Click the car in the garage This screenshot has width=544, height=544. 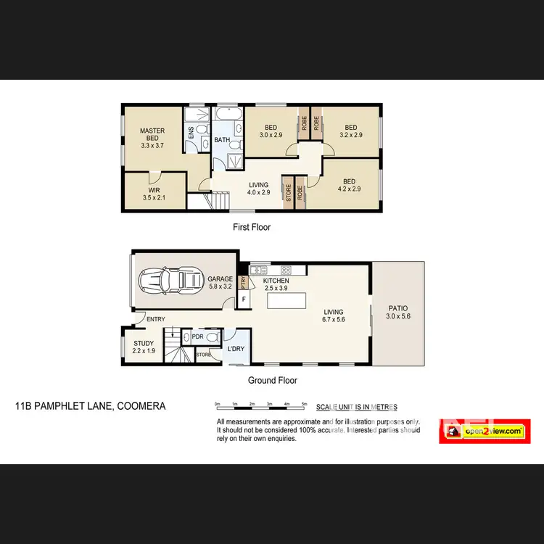[170, 279]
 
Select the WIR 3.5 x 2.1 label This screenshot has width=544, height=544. [154, 193]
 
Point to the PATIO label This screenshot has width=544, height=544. [397, 312]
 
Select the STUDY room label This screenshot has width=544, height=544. [144, 347]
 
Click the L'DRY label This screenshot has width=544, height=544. [236, 350]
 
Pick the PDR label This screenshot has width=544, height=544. [197, 337]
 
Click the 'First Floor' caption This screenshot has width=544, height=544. [251, 227]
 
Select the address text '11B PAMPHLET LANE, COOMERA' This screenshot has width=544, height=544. [90, 406]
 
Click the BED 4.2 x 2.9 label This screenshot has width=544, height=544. [349, 185]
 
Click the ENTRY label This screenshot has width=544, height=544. [155, 319]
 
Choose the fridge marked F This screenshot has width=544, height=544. [244, 299]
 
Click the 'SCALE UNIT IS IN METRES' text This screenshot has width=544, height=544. [360, 407]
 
